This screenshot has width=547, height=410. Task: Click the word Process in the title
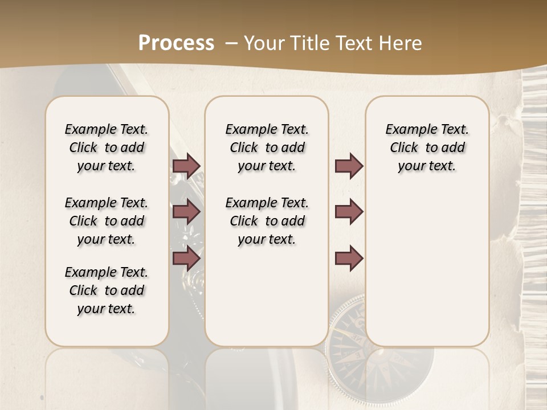(176, 43)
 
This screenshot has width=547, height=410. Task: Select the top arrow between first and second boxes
(186, 166)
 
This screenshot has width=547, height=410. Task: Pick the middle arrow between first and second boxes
(186, 212)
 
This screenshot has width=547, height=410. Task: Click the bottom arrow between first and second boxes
(186, 259)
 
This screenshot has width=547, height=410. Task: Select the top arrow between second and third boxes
(349, 166)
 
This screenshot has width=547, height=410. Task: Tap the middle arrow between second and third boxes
(349, 212)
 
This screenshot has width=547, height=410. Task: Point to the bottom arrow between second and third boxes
(349, 259)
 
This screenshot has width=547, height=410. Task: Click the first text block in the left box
(107, 147)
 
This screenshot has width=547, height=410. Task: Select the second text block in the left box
(107, 221)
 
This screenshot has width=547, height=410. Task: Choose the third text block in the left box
(107, 290)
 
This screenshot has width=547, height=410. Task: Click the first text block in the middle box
(267, 147)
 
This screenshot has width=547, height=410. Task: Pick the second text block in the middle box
(267, 221)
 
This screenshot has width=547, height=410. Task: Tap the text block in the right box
(427, 147)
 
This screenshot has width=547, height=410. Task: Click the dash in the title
(231, 43)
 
